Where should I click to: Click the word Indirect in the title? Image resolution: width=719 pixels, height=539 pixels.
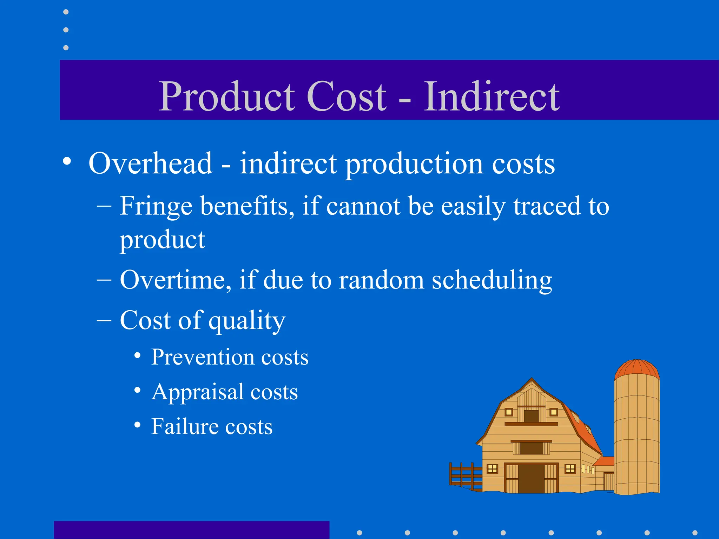coord(492,97)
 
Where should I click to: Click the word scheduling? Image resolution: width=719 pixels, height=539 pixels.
coord(492,281)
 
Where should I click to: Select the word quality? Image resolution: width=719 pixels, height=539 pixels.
coord(247,321)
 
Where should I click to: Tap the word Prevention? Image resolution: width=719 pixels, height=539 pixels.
coord(202,357)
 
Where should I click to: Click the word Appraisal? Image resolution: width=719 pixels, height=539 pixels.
coord(197,392)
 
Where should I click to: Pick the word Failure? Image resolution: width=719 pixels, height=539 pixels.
coord(184,427)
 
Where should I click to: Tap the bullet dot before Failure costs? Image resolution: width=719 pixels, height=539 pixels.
coord(137,425)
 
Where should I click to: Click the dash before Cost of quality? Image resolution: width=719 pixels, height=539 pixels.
coord(104,320)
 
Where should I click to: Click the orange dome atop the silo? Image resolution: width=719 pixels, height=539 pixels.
coord(637,369)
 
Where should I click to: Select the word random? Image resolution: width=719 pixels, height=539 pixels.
coord(381,280)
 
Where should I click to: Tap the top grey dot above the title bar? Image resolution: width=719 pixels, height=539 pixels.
coord(66,12)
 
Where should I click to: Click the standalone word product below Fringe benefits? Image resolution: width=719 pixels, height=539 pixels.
coord(162,241)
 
